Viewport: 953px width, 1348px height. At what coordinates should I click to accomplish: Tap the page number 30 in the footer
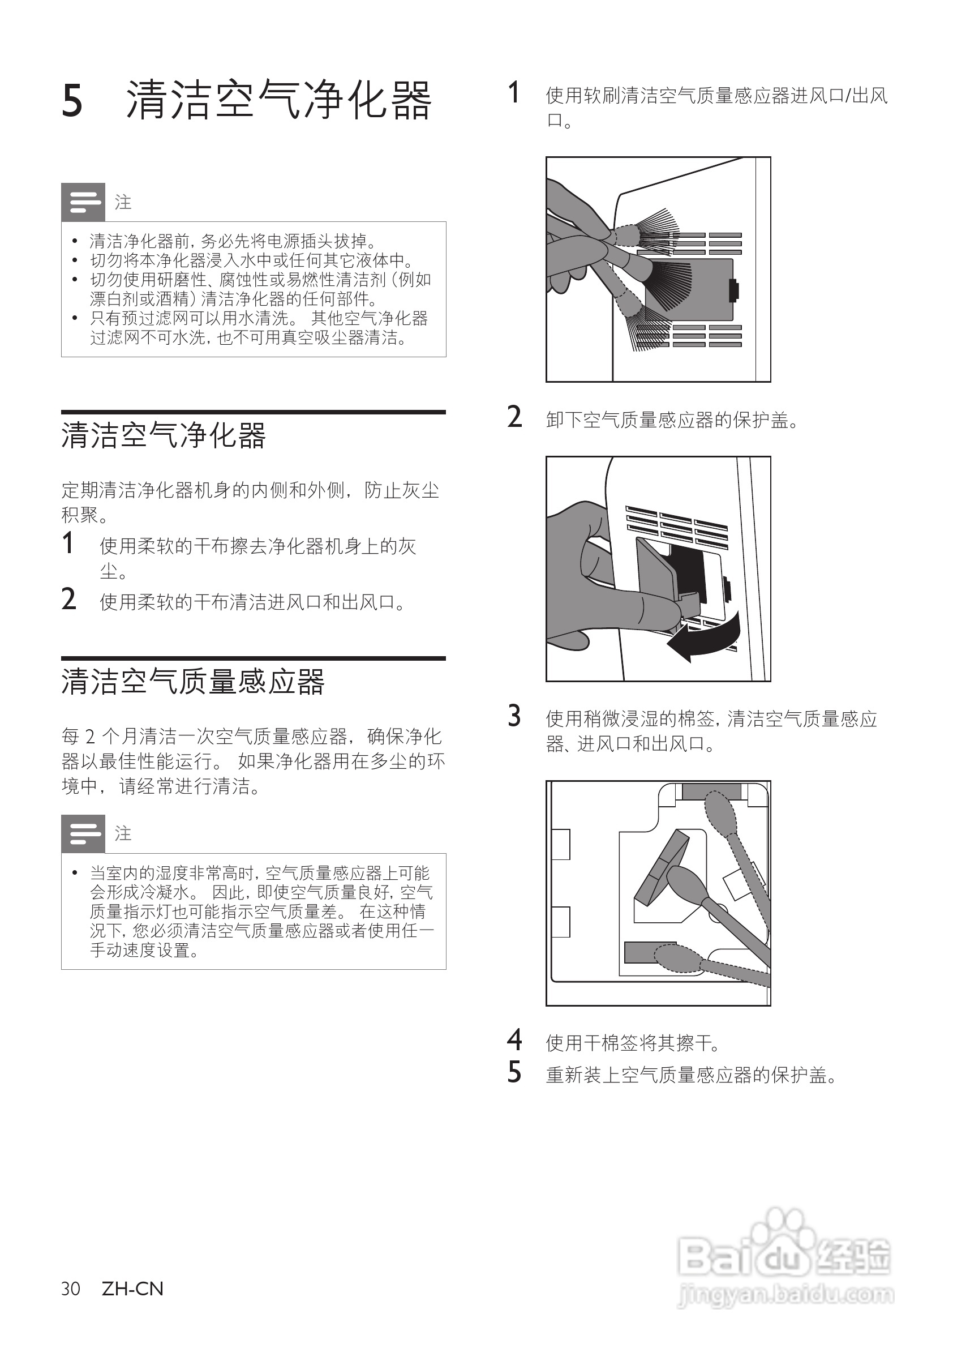(x=70, y=1289)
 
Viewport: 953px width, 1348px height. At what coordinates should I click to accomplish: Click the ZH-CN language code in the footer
(x=132, y=1289)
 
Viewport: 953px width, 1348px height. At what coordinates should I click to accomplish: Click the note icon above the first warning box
(x=83, y=203)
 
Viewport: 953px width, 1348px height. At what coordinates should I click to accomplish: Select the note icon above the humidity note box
(x=83, y=834)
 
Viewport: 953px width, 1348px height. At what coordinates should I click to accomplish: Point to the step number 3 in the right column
(x=514, y=716)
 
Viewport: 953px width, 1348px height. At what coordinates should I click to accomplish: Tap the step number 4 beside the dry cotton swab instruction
(x=514, y=1041)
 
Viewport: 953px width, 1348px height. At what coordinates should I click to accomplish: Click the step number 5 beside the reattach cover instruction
(x=514, y=1073)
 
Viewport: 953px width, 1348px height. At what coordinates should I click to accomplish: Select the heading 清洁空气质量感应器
(x=192, y=682)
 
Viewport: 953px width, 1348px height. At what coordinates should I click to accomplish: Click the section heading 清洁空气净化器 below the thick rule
(x=163, y=435)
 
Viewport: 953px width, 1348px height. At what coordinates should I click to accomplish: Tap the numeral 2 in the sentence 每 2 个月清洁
(x=90, y=736)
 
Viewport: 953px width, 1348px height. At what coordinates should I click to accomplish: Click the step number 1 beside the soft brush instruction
(x=513, y=93)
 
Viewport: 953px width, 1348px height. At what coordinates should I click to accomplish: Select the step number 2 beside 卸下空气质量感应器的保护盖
(x=514, y=417)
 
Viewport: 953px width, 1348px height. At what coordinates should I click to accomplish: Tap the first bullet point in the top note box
(x=75, y=241)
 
